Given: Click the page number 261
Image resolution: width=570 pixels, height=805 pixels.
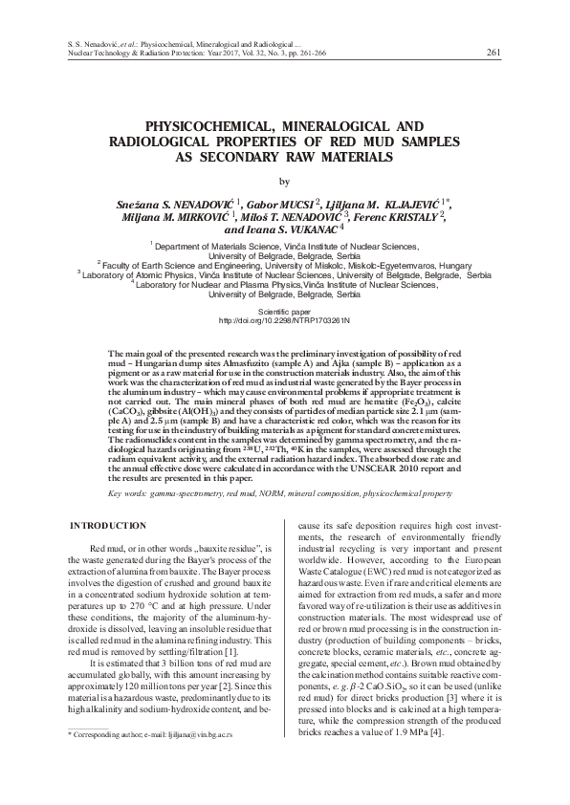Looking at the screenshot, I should pyautogui.click(x=493, y=52).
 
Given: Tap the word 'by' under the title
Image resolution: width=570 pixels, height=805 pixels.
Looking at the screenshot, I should pyautogui.click(x=282, y=181).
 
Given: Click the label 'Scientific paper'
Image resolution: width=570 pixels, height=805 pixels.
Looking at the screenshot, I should pyautogui.click(x=284, y=310).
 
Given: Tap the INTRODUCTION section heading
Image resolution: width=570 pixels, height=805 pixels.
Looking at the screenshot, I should pyautogui.click(x=110, y=527).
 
